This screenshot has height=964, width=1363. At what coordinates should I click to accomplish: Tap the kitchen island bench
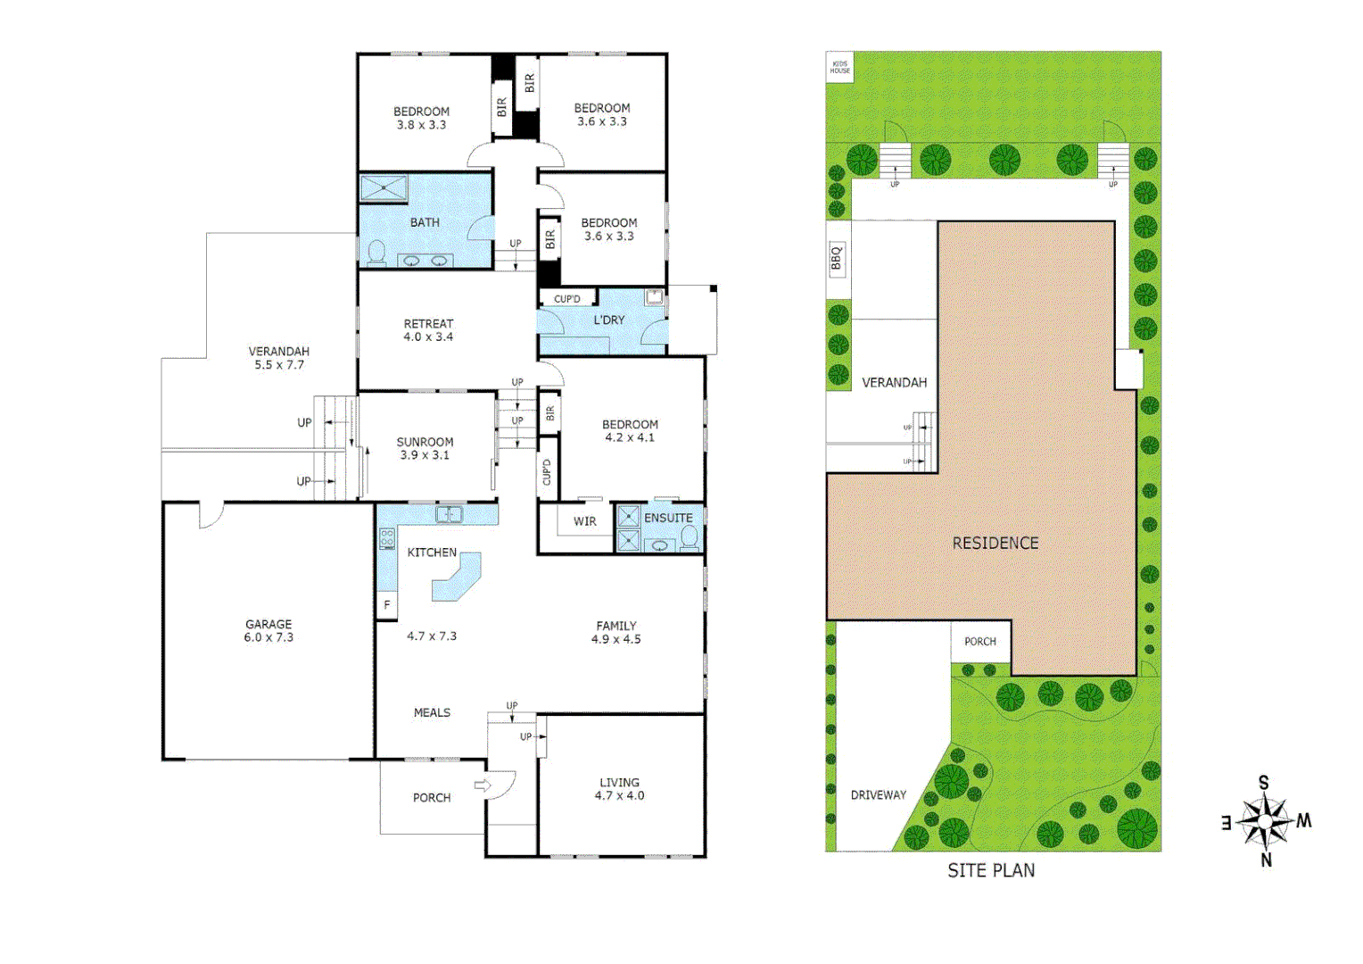pos(458,578)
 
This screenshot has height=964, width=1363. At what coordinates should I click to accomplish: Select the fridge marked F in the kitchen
pos(387,605)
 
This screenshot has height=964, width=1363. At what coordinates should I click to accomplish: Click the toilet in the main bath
pos(376,253)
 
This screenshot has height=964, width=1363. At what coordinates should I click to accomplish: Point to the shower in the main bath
pos(384,188)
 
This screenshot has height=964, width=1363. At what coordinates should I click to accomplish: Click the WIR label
pos(584,521)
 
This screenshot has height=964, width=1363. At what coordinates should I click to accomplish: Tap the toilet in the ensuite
pos(690,536)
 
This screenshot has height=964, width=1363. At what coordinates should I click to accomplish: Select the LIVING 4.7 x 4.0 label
pos(619,789)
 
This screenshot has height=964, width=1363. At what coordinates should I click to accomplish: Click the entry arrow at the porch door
pos(483,785)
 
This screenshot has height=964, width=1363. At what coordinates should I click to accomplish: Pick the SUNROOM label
pos(425,442)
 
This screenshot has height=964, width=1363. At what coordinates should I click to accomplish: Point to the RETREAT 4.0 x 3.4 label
pos(428,330)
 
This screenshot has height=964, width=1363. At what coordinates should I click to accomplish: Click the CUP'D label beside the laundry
pos(567,299)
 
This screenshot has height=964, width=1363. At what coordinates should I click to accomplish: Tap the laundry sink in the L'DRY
pos(656,298)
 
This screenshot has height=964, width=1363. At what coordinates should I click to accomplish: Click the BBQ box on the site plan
pos(837,258)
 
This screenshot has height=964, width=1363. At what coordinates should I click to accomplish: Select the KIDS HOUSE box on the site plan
pos(839,67)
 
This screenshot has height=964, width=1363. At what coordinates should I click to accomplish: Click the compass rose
pos(1265,821)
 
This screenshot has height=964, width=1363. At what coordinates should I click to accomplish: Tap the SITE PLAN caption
pos(991,870)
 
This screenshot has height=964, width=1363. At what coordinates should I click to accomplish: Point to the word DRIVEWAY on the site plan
pos(878,794)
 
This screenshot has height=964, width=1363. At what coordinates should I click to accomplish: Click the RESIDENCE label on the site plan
pos(995,543)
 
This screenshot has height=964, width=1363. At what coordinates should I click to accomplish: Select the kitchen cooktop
pos(387,538)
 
